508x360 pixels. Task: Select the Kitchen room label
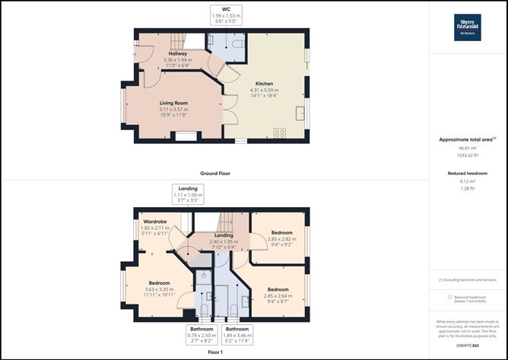264,84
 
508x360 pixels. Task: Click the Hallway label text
178,54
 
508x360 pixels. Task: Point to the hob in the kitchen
279,132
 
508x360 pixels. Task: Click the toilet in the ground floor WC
237,46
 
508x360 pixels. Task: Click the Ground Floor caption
215,174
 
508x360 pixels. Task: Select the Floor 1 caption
215,352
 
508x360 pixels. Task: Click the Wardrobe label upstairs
154,221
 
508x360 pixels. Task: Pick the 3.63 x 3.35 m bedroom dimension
159,288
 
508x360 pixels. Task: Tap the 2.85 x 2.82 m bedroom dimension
281,240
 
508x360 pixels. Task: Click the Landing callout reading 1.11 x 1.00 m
188,194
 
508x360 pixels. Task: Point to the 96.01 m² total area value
468,149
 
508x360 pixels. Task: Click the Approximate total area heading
467,139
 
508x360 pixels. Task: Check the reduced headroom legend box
450,298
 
